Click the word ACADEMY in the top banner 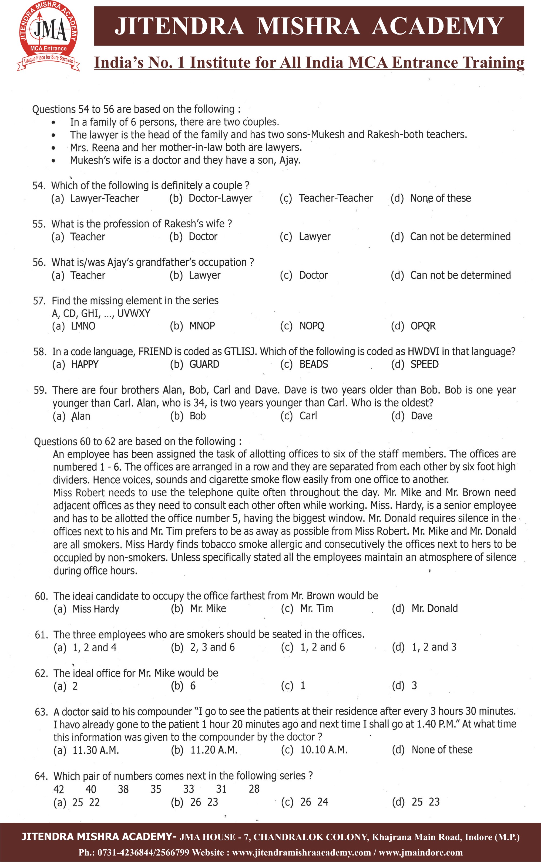(437, 26)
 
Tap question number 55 (39, 224)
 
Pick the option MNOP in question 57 (202, 326)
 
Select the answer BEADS (313, 365)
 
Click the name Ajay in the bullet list (289, 160)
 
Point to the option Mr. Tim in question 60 (316, 608)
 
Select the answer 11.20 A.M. (214, 750)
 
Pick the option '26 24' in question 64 (314, 802)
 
